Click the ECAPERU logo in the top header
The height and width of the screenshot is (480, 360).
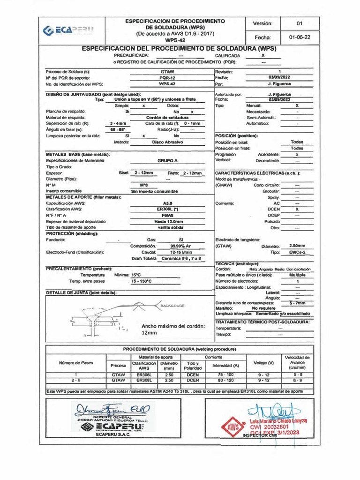(x=68, y=30)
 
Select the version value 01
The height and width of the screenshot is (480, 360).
(x=300, y=23)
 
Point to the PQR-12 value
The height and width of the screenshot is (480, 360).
(x=164, y=77)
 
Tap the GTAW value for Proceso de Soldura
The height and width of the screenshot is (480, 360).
(x=164, y=71)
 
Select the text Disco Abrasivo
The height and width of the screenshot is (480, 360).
(x=167, y=142)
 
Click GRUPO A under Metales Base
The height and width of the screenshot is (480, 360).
(x=167, y=160)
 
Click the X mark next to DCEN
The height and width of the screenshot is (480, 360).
(x=297, y=210)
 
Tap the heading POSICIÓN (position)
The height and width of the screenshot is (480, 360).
(x=237, y=135)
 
